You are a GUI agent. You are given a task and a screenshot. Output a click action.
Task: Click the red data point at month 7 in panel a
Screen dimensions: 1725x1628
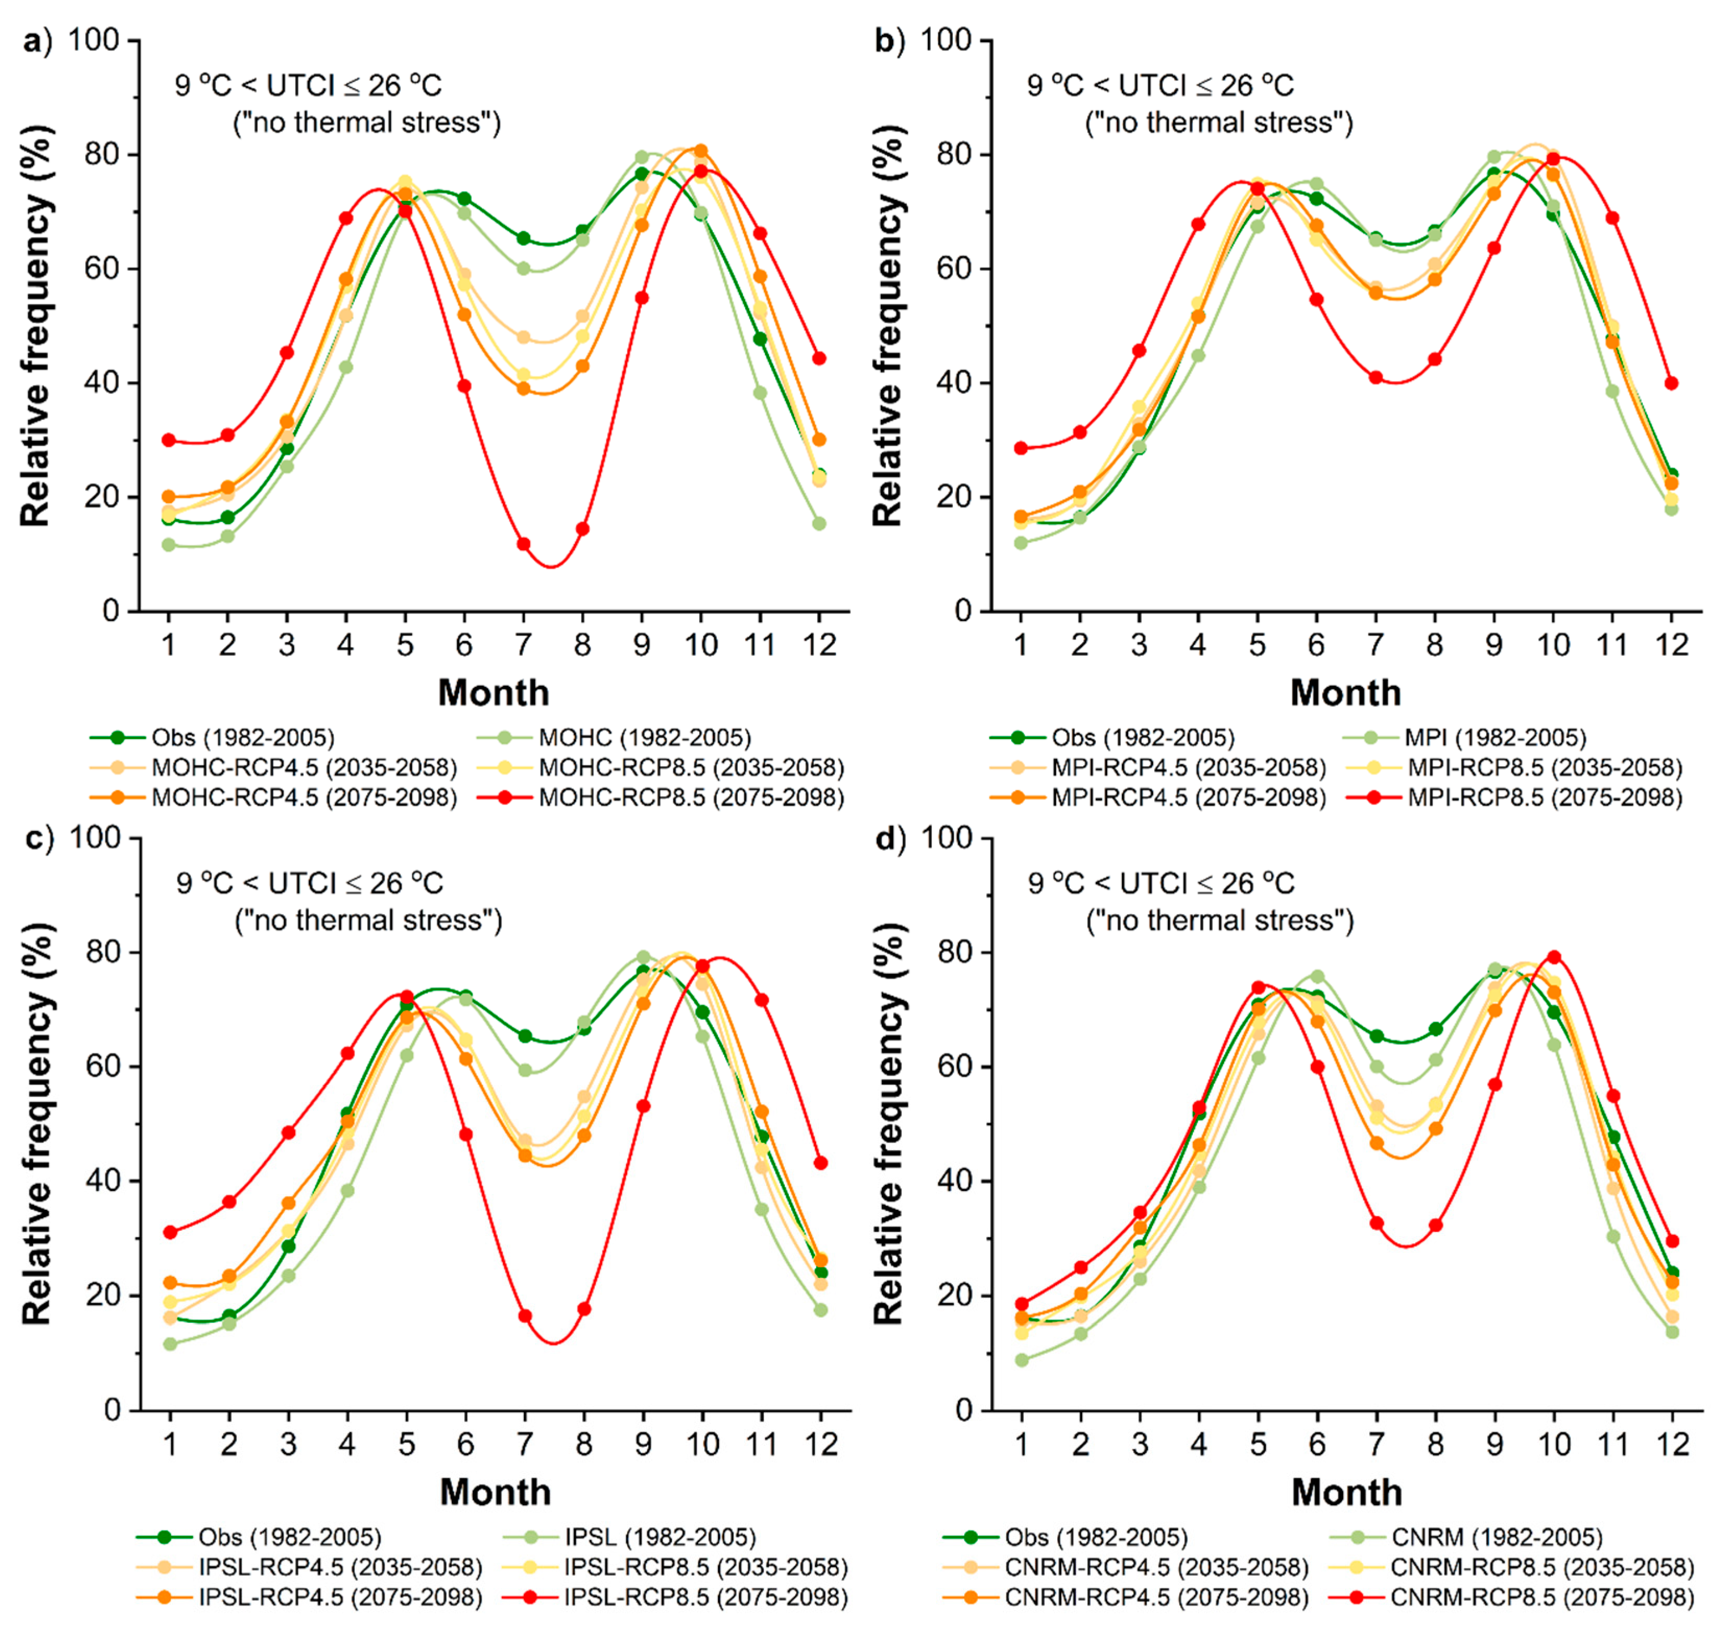[x=523, y=544]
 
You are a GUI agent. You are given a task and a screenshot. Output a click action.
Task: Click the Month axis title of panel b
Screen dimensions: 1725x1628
[x=1346, y=693]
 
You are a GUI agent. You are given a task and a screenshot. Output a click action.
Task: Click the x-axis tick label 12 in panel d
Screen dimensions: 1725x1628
[x=1672, y=1443]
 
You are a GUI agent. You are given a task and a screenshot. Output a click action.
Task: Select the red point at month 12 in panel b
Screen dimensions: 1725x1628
[x=1671, y=383]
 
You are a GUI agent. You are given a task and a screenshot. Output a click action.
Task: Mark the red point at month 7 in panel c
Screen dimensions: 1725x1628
[x=525, y=1315]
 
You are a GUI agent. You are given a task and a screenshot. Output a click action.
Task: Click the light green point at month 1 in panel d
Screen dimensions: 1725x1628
[x=1022, y=1360]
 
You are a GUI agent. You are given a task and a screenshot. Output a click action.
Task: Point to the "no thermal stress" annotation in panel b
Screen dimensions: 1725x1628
[x=1219, y=122]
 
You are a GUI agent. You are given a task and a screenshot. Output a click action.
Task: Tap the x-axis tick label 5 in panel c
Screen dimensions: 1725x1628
[x=407, y=1443]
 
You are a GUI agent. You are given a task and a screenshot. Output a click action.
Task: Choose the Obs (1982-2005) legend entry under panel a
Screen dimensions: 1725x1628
[x=212, y=738]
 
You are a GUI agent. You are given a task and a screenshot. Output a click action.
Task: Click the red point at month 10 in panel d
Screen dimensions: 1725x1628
[x=1554, y=957]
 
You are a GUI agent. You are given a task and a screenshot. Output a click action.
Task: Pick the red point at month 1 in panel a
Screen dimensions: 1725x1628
[x=169, y=440]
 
